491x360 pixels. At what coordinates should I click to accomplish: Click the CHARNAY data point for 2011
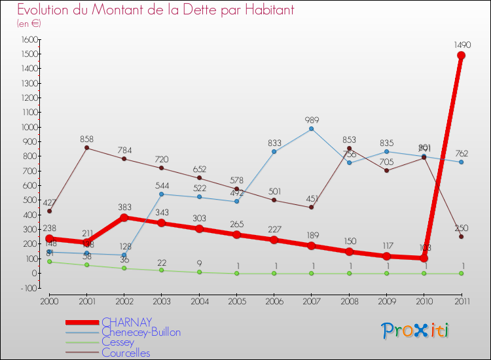pos(461,56)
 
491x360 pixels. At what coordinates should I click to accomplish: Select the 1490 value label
pos(462,45)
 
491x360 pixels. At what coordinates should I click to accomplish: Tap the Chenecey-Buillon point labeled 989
pos(311,129)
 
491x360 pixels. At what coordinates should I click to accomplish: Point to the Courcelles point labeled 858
pos(87,148)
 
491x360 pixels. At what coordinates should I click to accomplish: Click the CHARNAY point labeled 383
pos(124,217)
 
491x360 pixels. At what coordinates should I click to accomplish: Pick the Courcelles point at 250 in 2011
pos(461,237)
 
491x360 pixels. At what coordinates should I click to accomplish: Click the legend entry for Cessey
pos(118,342)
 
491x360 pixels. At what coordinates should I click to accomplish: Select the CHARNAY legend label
pos(127,321)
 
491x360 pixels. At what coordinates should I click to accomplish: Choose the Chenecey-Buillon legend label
pos(141,332)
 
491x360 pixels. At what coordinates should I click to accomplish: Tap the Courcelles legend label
pos(126,353)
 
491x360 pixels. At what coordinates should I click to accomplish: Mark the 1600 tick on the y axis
pos(29,39)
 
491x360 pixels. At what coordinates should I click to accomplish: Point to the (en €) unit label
pos(29,24)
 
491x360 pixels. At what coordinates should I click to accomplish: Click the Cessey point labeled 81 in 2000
pos(50,262)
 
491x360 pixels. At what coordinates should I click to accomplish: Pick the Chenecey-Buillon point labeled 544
pos(162,194)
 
